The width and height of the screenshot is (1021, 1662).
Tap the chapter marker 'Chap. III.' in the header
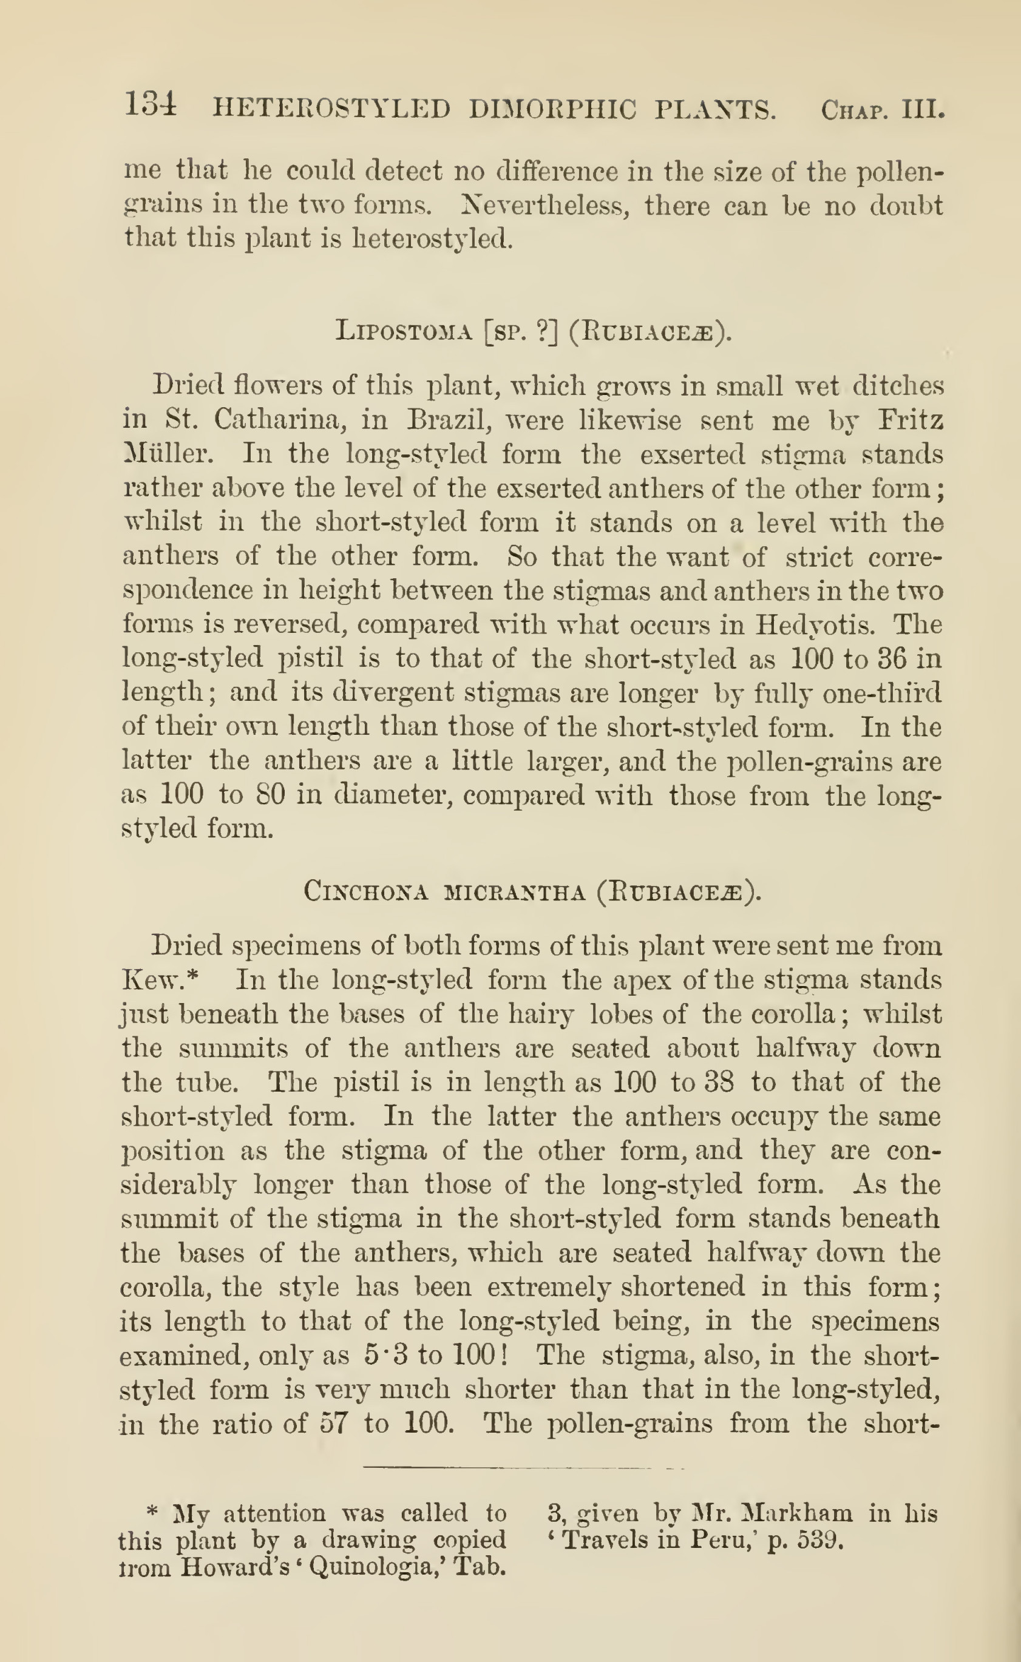tap(881, 109)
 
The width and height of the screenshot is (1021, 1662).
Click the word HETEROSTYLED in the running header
tap(331, 109)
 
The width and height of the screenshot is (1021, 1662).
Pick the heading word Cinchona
tap(366, 892)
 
